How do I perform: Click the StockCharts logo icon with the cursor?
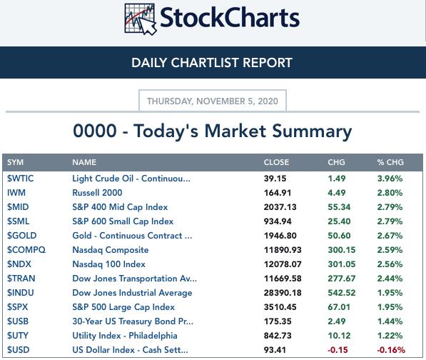tap(141, 19)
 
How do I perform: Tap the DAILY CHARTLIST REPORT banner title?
tap(212, 63)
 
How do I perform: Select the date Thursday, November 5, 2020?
tap(213, 101)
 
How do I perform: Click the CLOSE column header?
tap(276, 162)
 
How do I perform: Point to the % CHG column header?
tap(390, 162)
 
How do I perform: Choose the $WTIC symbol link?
tap(21, 179)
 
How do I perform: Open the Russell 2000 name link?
tap(97, 193)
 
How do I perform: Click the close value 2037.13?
tap(280, 207)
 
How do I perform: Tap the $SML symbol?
tap(19, 221)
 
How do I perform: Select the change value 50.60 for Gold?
tap(339, 236)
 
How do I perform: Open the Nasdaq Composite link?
tap(111, 250)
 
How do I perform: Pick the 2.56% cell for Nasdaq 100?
tap(390, 264)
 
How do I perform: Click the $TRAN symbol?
tap(21, 279)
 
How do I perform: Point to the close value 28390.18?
tap(283, 293)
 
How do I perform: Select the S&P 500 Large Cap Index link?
tap(123, 307)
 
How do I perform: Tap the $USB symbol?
tap(18, 321)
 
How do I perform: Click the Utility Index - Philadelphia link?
tap(125, 336)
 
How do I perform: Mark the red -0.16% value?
tap(391, 350)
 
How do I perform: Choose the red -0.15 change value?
tap(338, 350)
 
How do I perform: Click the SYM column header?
tap(15, 162)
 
